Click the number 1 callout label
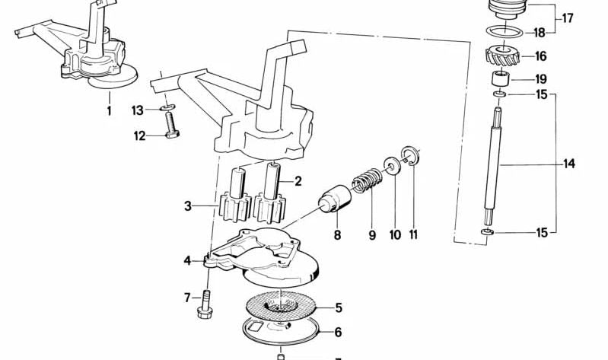click(109, 111)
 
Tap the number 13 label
click(138, 110)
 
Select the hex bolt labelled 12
click(171, 126)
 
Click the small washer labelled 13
click(168, 108)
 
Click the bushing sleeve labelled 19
click(499, 79)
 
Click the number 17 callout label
click(568, 18)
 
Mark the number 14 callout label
click(569, 163)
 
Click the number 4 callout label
click(187, 260)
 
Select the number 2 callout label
click(298, 181)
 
